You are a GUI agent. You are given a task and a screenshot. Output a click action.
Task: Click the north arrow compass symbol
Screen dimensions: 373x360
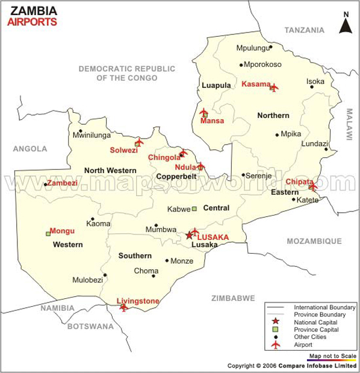click(x=346, y=24)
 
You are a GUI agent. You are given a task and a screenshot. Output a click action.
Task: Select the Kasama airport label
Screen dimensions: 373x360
click(x=256, y=84)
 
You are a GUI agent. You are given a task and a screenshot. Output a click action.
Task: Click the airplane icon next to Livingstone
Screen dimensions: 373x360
click(x=124, y=307)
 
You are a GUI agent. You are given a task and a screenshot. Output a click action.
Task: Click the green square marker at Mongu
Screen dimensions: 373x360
click(x=48, y=233)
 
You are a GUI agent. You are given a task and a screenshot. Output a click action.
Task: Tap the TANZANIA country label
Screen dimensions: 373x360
click(x=304, y=30)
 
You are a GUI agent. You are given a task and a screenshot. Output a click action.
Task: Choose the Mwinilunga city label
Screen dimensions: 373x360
click(x=92, y=136)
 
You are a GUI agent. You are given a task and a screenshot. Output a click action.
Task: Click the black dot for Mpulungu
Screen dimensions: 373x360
click(x=271, y=46)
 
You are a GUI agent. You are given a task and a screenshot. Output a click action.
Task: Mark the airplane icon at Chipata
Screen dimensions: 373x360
click(x=312, y=187)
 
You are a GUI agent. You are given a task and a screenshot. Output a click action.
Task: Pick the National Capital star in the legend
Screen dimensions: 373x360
click(x=276, y=322)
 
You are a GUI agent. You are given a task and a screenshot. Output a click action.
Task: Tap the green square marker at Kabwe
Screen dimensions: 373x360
click(x=194, y=209)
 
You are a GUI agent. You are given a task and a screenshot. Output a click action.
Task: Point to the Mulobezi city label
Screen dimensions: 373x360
click(x=87, y=280)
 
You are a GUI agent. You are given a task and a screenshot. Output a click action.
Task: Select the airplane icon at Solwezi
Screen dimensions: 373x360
click(x=138, y=142)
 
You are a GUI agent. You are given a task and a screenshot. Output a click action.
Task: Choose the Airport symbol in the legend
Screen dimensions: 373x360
click(x=276, y=345)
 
